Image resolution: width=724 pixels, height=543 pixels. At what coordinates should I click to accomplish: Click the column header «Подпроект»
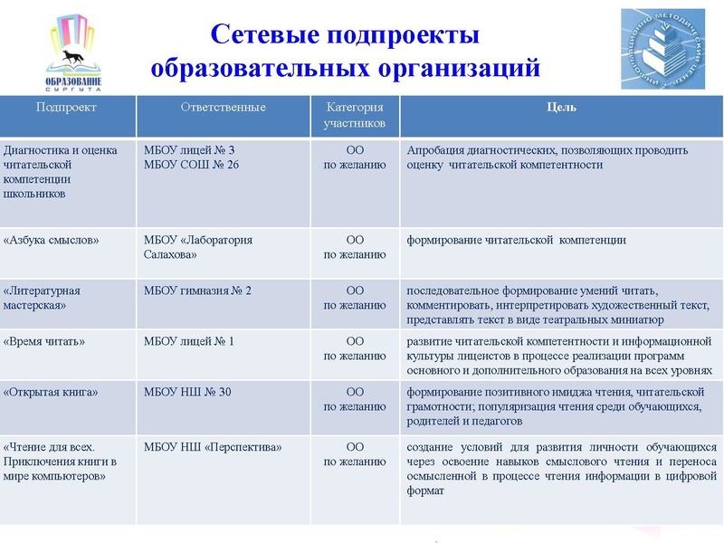(x=66, y=108)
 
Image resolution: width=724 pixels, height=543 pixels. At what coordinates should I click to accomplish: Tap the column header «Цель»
(x=561, y=108)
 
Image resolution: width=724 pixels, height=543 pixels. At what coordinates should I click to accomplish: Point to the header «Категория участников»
(x=355, y=115)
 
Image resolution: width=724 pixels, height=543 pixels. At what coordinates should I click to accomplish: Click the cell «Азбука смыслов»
(x=52, y=241)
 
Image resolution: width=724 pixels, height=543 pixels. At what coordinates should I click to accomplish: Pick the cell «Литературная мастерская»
(x=43, y=298)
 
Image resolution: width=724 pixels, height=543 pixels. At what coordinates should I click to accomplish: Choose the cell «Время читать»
(x=45, y=342)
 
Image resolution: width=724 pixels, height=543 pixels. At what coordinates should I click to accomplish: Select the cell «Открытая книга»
(x=51, y=393)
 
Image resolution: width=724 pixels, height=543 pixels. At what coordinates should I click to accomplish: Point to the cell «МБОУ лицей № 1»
(x=189, y=342)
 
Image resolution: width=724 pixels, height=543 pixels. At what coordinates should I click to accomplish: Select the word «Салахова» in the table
(x=171, y=255)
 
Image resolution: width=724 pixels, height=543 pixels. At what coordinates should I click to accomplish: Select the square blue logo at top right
(x=662, y=49)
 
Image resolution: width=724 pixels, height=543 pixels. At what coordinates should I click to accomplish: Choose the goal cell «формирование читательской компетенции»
(x=517, y=241)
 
